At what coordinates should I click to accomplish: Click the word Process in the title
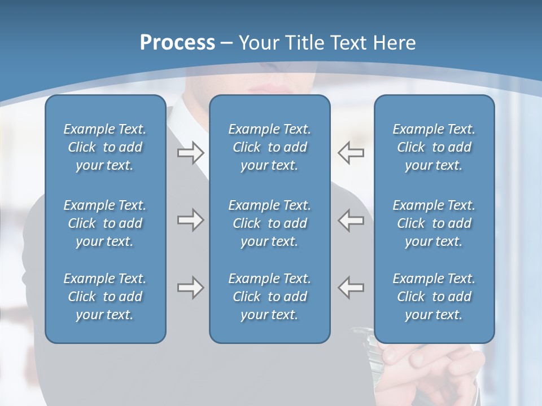click(177, 43)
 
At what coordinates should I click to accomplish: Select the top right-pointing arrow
click(191, 153)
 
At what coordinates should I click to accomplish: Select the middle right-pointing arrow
click(191, 220)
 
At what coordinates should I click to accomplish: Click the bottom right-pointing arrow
click(191, 288)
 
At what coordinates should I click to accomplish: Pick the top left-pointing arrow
click(351, 153)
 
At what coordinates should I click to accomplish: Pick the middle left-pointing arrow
click(351, 220)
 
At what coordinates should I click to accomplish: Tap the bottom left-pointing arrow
click(351, 288)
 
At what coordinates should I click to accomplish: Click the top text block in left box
click(105, 147)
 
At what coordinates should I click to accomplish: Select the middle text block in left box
click(105, 223)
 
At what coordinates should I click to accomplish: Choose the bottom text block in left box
click(105, 297)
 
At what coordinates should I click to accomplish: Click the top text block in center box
click(269, 147)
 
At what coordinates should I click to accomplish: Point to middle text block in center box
click(269, 223)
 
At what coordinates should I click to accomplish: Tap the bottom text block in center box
click(269, 297)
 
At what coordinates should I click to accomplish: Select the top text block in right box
click(434, 147)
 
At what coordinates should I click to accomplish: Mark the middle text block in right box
click(434, 223)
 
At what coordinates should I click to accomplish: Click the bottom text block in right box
click(434, 297)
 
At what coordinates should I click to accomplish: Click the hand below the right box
click(429, 367)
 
